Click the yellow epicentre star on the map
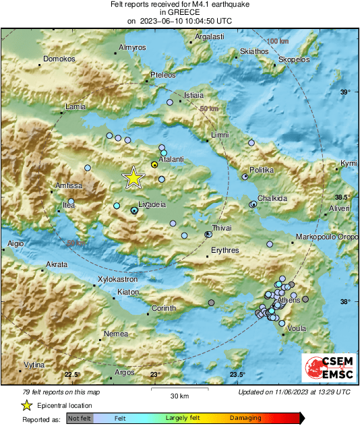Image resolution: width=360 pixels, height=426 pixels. click(x=133, y=177)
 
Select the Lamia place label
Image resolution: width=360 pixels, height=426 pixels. click(x=76, y=107)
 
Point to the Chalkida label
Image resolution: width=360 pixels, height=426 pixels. click(x=273, y=199)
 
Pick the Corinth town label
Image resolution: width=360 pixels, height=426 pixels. click(x=163, y=308)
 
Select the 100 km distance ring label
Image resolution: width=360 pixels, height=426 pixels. click(x=277, y=42)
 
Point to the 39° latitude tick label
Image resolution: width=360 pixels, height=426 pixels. click(x=344, y=92)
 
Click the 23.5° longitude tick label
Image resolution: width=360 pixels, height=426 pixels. click(x=237, y=375)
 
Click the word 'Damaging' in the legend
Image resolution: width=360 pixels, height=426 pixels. click(x=245, y=418)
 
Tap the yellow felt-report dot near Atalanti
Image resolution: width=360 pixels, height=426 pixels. click(x=154, y=164)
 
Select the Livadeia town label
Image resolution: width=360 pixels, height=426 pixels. click(x=152, y=203)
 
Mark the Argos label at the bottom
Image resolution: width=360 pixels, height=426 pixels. click(x=125, y=372)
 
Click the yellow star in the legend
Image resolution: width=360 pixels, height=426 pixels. click(x=26, y=405)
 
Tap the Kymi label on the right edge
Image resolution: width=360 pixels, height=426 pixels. click(x=349, y=164)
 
